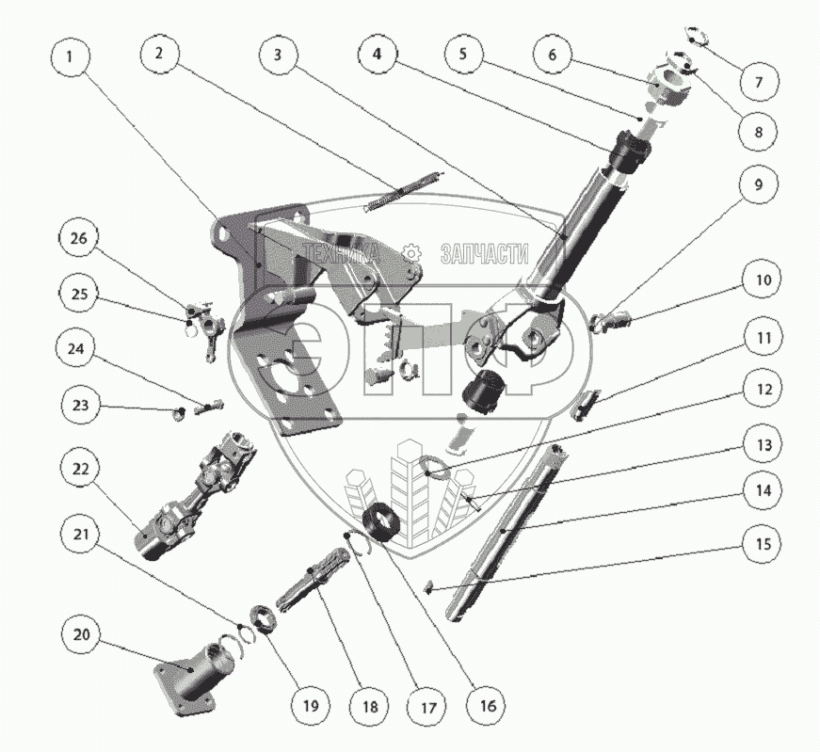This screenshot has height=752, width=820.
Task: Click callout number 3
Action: tap(277, 55)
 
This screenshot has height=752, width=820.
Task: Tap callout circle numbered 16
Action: tap(487, 705)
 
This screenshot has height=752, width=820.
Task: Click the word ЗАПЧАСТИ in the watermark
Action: tap(484, 253)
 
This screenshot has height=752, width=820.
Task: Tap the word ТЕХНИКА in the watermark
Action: tap(339, 253)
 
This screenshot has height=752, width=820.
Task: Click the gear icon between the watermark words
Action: tap(410, 253)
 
